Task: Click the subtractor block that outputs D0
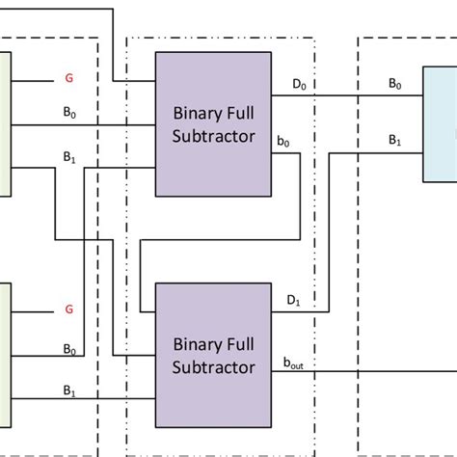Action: tap(213, 125)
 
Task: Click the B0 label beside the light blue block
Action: tap(395, 85)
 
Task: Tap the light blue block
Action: tap(440, 125)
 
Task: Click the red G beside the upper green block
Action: tap(68, 78)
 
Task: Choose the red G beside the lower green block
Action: tap(68, 309)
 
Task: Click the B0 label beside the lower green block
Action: tap(69, 348)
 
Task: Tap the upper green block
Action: tap(5, 125)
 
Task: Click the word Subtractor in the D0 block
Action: tap(213, 137)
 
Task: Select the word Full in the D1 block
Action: tap(239, 343)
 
